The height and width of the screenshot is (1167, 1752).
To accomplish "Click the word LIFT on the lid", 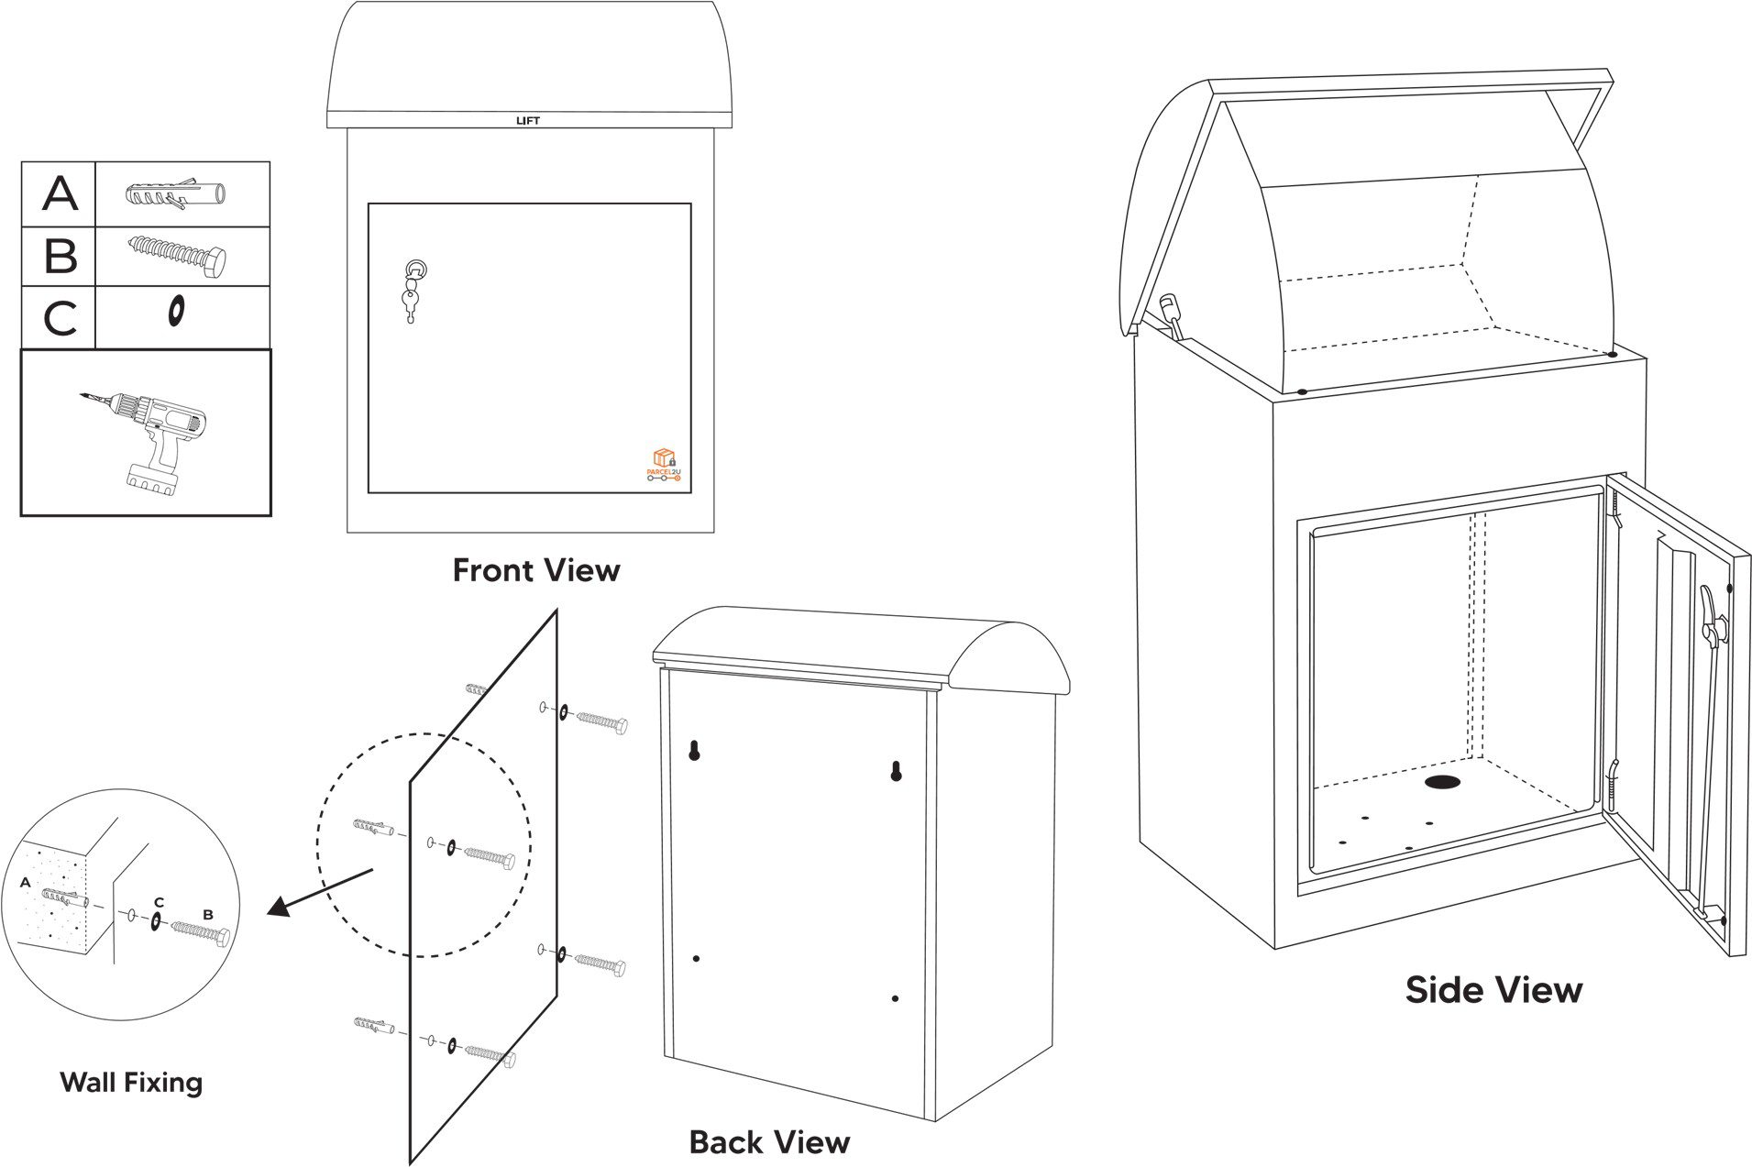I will tap(527, 120).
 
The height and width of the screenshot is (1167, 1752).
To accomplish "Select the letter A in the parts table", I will tap(60, 193).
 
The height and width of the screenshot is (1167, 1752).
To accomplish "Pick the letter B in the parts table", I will tap(60, 256).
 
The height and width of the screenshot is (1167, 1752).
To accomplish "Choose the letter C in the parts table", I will tap(60, 318).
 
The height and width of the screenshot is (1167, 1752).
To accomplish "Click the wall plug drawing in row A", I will tap(175, 194).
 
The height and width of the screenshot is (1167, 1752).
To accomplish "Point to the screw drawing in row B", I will tap(178, 254).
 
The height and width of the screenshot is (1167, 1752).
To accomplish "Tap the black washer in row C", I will tap(174, 312).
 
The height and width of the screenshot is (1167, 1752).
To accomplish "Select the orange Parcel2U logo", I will tap(664, 464).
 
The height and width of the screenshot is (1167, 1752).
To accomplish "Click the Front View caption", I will tap(536, 570).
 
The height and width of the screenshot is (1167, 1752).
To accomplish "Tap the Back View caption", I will tap(769, 1142).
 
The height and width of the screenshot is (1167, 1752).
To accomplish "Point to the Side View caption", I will tap(1493, 990).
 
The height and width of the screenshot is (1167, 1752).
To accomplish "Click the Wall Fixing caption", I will tap(131, 1082).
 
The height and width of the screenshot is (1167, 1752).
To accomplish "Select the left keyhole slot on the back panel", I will tap(695, 751).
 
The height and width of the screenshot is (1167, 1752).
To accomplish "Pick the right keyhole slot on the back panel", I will tap(897, 771).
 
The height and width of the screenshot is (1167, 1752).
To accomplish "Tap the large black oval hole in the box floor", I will tap(1443, 782).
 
